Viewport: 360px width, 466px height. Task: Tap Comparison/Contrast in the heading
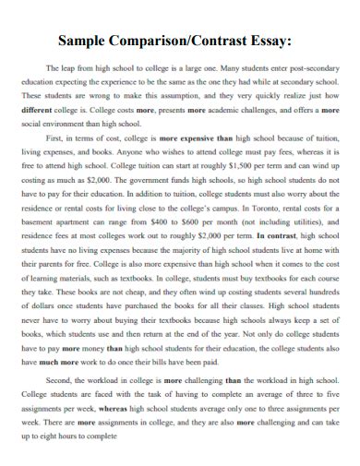(184, 41)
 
